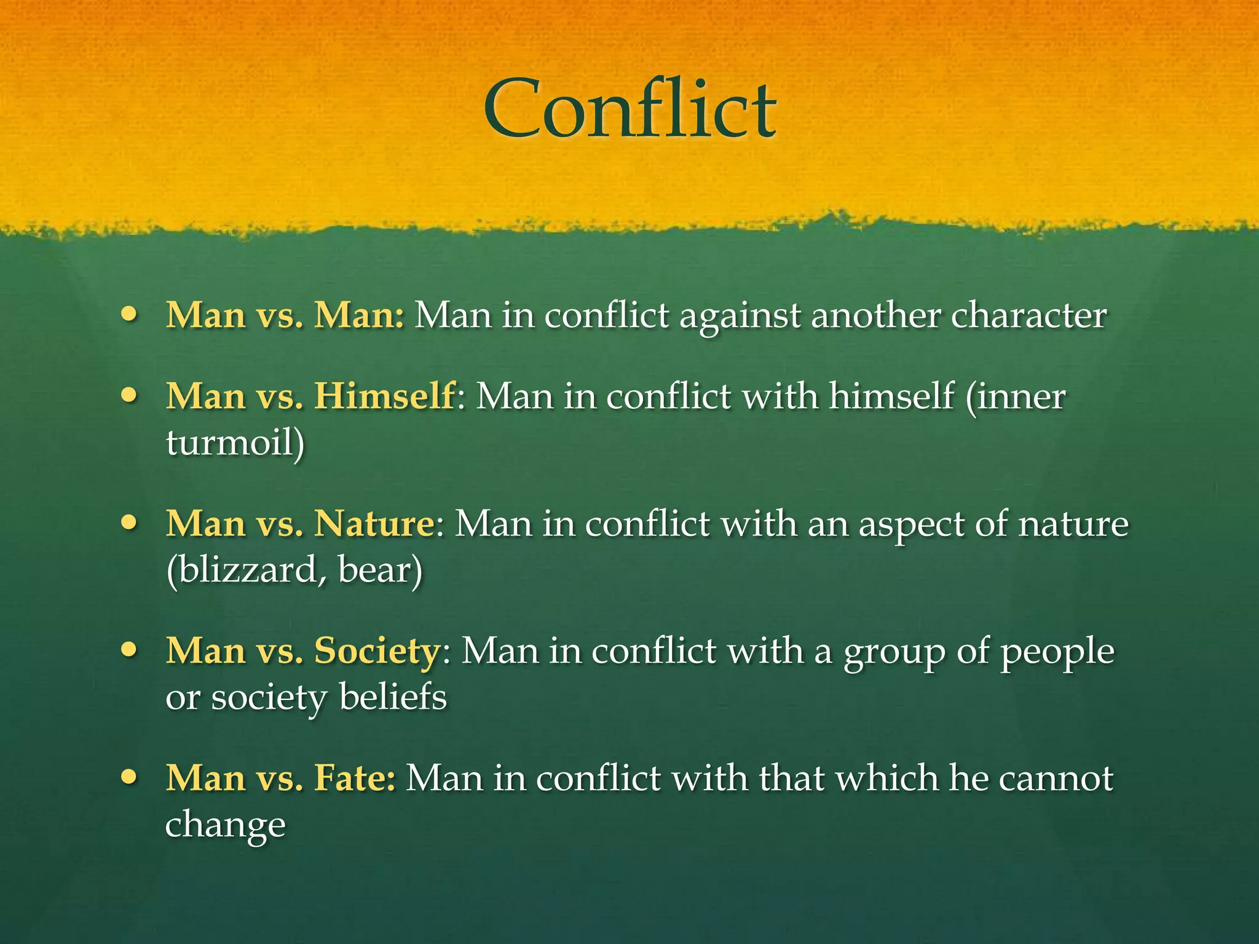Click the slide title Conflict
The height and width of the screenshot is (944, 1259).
pyautogui.click(x=629, y=109)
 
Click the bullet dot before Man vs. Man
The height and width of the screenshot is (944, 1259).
pyautogui.click(x=129, y=314)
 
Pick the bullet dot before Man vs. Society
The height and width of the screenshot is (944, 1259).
pyautogui.click(x=129, y=650)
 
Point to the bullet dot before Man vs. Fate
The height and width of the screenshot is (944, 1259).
pyautogui.click(x=129, y=777)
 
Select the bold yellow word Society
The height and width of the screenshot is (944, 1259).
pyautogui.click(x=377, y=651)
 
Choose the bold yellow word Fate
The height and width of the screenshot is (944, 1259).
pyautogui.click(x=353, y=777)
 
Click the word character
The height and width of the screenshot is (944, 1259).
pyautogui.click(x=1028, y=315)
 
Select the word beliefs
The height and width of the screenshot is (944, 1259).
pyautogui.click(x=392, y=697)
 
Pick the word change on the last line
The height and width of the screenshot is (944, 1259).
pyautogui.click(x=225, y=825)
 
